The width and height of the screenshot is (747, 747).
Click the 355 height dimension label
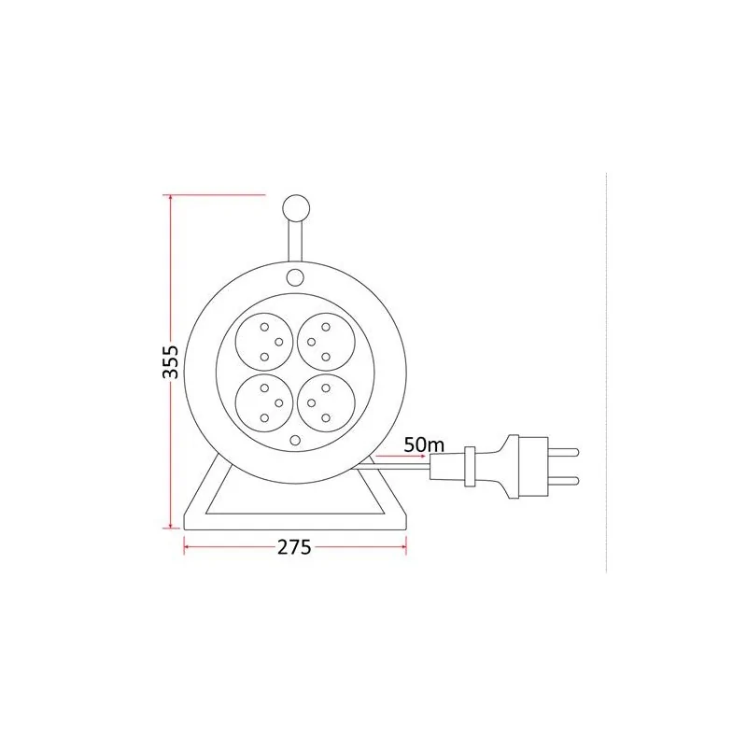point(171,362)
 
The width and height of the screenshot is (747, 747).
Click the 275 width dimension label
point(294,547)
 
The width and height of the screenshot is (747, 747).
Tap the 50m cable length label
point(424,445)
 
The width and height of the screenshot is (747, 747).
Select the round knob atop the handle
point(296,208)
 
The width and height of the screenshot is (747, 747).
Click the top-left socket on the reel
point(265,342)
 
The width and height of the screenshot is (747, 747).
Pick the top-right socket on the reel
point(326,342)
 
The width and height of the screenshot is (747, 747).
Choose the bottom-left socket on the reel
point(265,403)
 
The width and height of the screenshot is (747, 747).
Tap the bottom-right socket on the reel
point(326,403)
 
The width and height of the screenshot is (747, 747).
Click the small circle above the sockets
point(295,276)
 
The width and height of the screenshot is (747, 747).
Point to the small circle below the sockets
point(295,440)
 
